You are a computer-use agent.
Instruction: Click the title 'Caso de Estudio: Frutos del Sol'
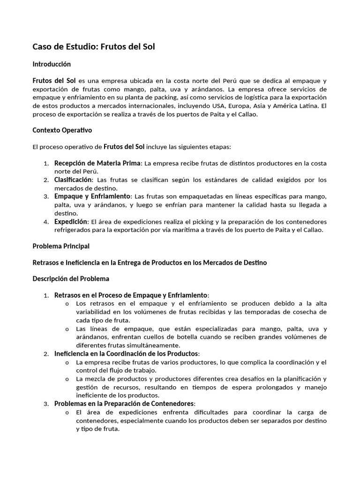tap(93, 46)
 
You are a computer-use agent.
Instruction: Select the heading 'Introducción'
tap(52, 64)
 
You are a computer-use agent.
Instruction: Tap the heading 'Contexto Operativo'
tap(62, 129)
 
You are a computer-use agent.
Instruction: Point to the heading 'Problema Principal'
tap(61, 246)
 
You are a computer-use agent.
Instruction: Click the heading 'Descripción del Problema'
tap(71, 278)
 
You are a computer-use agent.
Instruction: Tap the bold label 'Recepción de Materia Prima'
tap(97, 163)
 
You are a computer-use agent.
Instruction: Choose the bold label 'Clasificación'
tap(74, 180)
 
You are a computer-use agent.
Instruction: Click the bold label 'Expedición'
tap(71, 221)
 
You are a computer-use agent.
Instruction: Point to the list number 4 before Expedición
tap(46, 222)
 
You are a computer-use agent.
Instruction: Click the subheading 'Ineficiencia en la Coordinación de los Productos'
tap(127, 353)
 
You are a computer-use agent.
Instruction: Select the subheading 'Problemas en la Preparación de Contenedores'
tap(124, 404)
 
